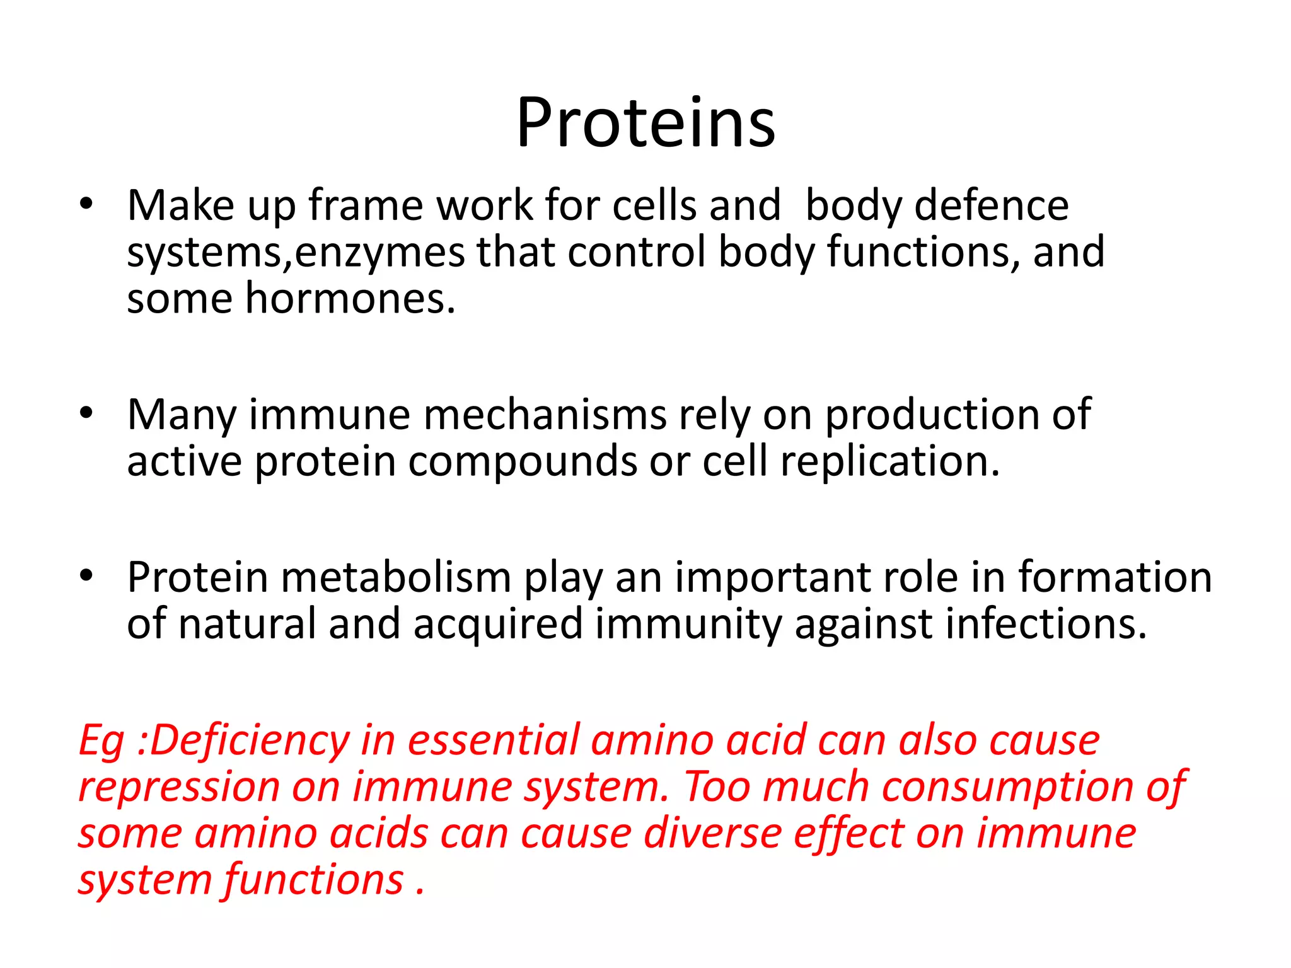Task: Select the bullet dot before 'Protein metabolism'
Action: pyautogui.click(x=86, y=575)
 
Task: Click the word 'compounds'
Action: pyautogui.click(x=523, y=463)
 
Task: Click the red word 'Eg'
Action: pyautogui.click(x=101, y=741)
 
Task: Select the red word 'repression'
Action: pyautogui.click(x=179, y=787)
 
